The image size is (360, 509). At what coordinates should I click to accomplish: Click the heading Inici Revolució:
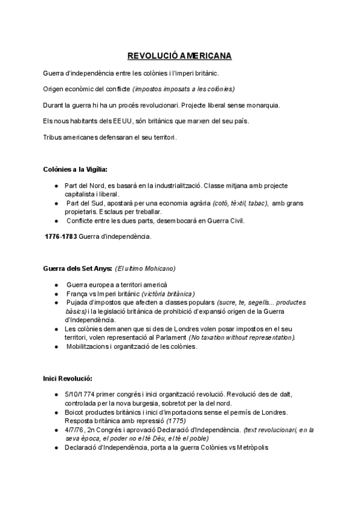pos(67,379)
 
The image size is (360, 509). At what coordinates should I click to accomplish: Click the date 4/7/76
pos(75,430)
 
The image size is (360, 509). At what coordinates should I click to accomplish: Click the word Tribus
pos(53,137)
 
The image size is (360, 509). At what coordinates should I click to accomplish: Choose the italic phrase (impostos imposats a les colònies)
pos(184,89)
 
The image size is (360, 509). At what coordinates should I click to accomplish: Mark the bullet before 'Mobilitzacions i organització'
pos(56,346)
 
